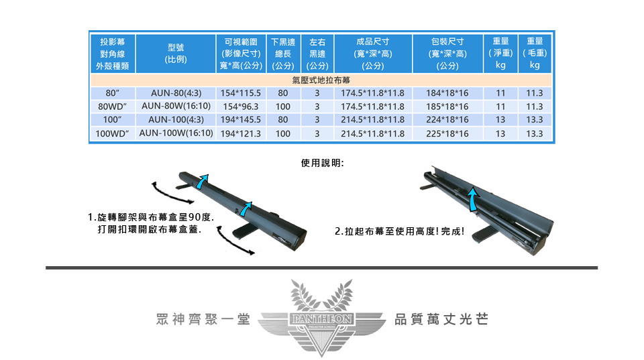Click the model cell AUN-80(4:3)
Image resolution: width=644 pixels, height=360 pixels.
(176, 93)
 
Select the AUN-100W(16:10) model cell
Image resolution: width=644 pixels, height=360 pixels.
(176, 133)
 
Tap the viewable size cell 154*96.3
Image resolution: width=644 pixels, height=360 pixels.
(241, 107)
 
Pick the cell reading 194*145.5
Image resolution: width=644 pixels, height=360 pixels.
(241, 120)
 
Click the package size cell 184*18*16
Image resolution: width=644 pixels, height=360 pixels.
(447, 93)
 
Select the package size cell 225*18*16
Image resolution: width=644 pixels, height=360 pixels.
(447, 134)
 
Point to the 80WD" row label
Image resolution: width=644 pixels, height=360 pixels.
(112, 107)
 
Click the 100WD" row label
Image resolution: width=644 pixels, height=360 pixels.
(112, 134)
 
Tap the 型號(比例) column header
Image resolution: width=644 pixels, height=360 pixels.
(176, 54)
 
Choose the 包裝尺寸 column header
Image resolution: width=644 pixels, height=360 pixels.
(447, 54)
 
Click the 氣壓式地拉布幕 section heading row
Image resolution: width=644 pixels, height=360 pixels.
(321, 80)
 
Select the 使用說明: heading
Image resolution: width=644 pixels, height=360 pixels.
(323, 163)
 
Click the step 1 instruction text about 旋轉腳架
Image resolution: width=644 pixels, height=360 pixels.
(151, 223)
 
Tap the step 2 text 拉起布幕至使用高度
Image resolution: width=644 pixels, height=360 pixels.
(399, 231)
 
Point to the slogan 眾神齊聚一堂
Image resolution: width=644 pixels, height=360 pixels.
(203, 319)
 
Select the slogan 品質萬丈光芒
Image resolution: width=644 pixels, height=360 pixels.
(441, 319)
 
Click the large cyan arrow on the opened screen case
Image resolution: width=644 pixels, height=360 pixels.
(474, 198)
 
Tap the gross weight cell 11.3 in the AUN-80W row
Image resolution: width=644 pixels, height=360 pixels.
(535, 107)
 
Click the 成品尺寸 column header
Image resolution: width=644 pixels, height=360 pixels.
(373, 54)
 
